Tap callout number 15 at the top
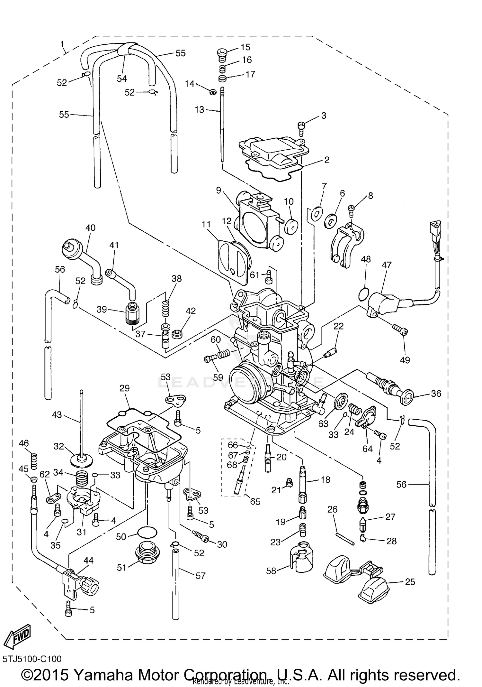245,47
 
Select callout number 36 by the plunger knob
436,394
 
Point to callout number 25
410,582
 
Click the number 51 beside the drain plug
121,568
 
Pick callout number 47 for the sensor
387,265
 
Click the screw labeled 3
301,128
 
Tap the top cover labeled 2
273,151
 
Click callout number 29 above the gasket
124,388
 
